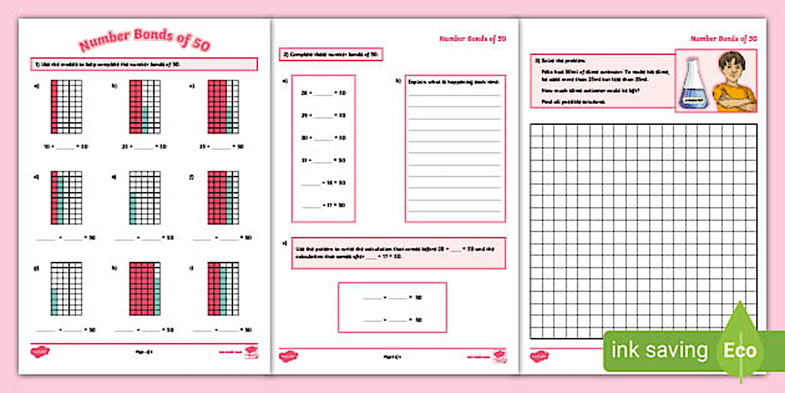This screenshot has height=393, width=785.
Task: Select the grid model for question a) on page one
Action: pos(66,106)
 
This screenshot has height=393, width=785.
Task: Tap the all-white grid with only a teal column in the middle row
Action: pos(145,198)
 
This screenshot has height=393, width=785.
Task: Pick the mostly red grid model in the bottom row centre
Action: pos(145,288)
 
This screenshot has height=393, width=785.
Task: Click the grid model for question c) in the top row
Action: pos(223,106)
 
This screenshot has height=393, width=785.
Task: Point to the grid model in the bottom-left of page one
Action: pos(66,288)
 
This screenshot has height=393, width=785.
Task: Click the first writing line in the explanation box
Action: pos(454,95)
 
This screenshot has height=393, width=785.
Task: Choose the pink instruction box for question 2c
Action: pos(398,253)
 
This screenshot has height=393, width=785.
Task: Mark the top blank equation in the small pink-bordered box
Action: pos(392,298)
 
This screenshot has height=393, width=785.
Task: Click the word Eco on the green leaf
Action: pos(740,350)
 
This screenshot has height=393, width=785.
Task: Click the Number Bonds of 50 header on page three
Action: pos(723,39)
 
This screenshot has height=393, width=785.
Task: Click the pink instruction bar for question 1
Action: pos(144,64)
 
